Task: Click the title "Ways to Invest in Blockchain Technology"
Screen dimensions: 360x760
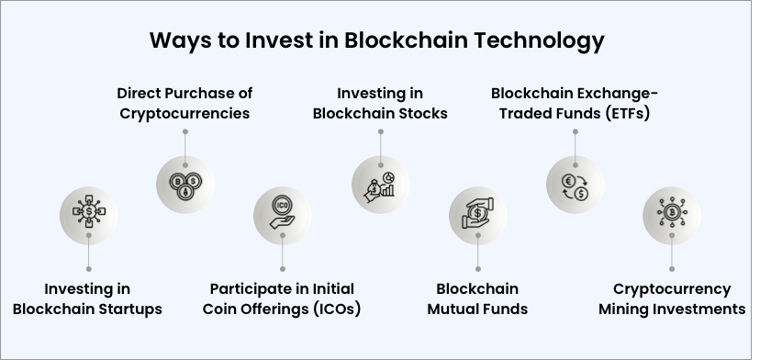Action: coord(377,41)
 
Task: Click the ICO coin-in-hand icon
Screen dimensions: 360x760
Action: coord(283,214)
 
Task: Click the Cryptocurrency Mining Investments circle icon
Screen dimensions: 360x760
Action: coord(672,214)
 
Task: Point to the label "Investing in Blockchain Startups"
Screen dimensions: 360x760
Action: coord(87,298)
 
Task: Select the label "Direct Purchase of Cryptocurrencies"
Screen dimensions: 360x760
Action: coord(184,103)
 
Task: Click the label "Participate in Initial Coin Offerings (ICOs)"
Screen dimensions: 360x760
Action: coord(282,298)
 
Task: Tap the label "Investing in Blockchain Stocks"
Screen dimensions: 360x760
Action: coord(380,103)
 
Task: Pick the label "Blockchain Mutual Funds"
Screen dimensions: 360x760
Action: coord(477,298)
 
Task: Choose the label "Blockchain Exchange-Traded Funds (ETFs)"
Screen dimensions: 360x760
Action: coord(576,103)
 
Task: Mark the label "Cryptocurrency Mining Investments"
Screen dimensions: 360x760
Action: coord(672,298)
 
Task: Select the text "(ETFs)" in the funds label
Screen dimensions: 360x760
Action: coord(631,114)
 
